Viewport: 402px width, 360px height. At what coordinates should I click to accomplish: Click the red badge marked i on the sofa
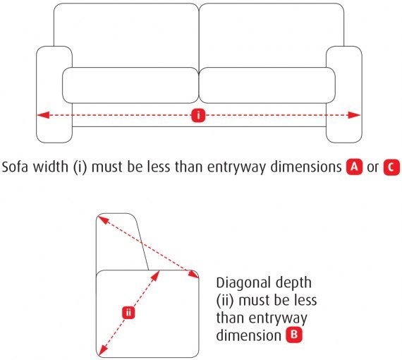pos(198,115)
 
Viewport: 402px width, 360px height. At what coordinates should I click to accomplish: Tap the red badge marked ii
pos(128,313)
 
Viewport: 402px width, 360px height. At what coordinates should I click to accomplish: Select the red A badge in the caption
pos(355,167)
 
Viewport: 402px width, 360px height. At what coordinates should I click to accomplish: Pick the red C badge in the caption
pos(391,167)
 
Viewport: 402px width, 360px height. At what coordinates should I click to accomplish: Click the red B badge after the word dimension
pos(294,335)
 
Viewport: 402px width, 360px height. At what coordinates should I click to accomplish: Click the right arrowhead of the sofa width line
pos(354,115)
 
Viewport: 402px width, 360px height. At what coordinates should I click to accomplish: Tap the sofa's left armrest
pos(54,95)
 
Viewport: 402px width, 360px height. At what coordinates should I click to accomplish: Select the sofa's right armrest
pos(343,95)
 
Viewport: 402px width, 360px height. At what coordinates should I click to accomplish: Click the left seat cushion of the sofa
pos(130,85)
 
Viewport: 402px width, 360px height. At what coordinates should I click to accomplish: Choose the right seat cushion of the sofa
pos(267,85)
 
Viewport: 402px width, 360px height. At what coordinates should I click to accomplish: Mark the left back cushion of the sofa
pos(126,36)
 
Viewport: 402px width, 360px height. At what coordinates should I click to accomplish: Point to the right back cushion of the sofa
pos(272,36)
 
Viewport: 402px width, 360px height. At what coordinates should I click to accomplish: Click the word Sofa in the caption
pos(16,167)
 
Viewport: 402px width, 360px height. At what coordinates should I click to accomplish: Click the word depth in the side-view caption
pos(294,284)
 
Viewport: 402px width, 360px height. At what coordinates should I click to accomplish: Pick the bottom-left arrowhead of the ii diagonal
pos(102,351)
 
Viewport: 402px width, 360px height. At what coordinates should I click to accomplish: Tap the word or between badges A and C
pos(373,168)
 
